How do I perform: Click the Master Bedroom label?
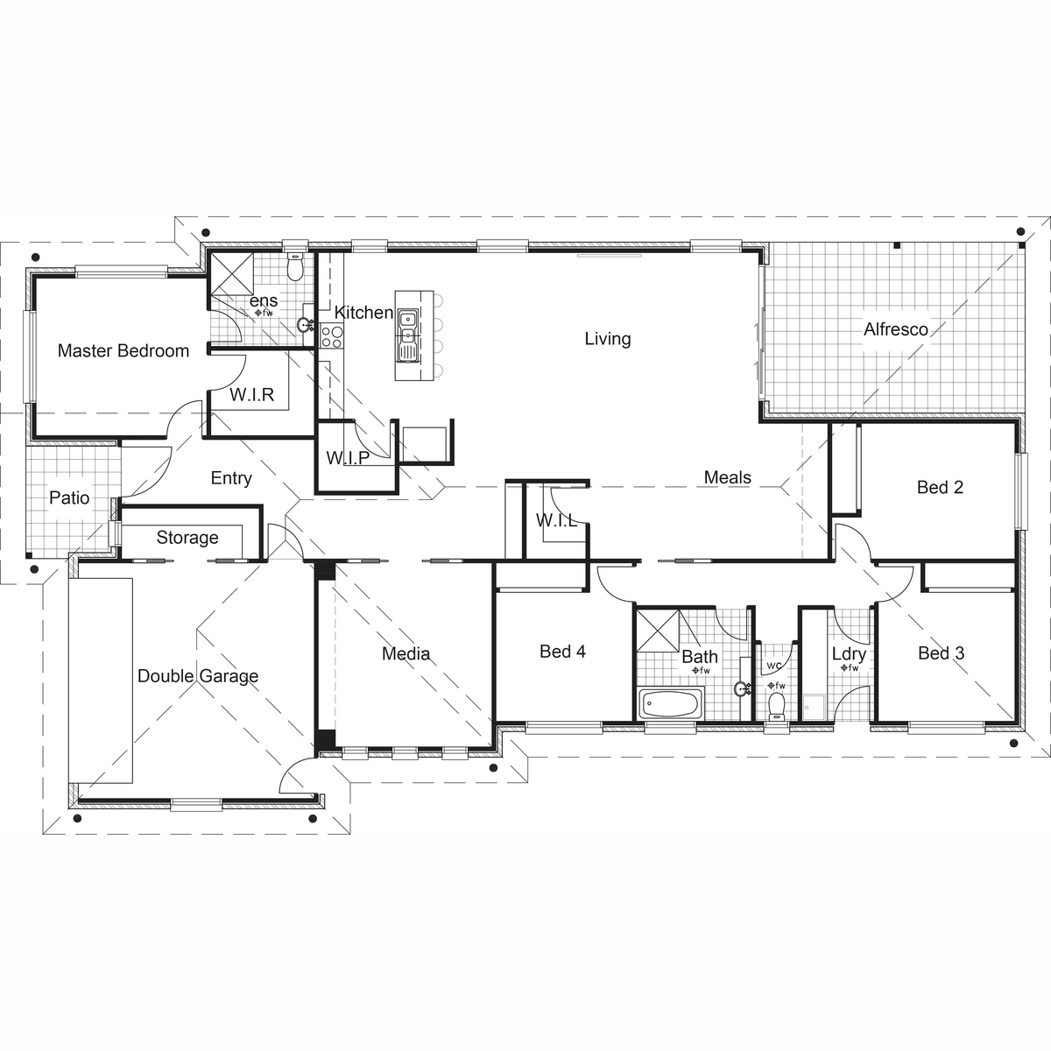click(123, 351)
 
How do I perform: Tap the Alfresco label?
click(895, 330)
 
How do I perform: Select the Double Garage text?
click(198, 676)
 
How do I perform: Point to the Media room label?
click(406, 653)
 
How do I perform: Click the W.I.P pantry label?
click(347, 457)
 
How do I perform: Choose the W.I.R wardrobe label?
click(252, 395)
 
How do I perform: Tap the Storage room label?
click(187, 538)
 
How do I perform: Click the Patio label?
click(69, 498)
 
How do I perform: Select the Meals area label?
click(727, 477)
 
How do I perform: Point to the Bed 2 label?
click(940, 487)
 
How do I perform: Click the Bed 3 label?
click(941, 653)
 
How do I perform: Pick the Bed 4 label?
click(562, 652)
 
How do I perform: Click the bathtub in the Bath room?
click(670, 704)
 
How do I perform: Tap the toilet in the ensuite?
click(296, 266)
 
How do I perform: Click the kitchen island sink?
click(407, 333)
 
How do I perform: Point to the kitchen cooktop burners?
click(331, 336)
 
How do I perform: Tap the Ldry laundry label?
click(849, 654)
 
